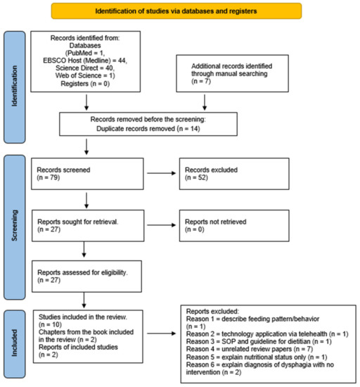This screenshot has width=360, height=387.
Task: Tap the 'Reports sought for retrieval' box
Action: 85,225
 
